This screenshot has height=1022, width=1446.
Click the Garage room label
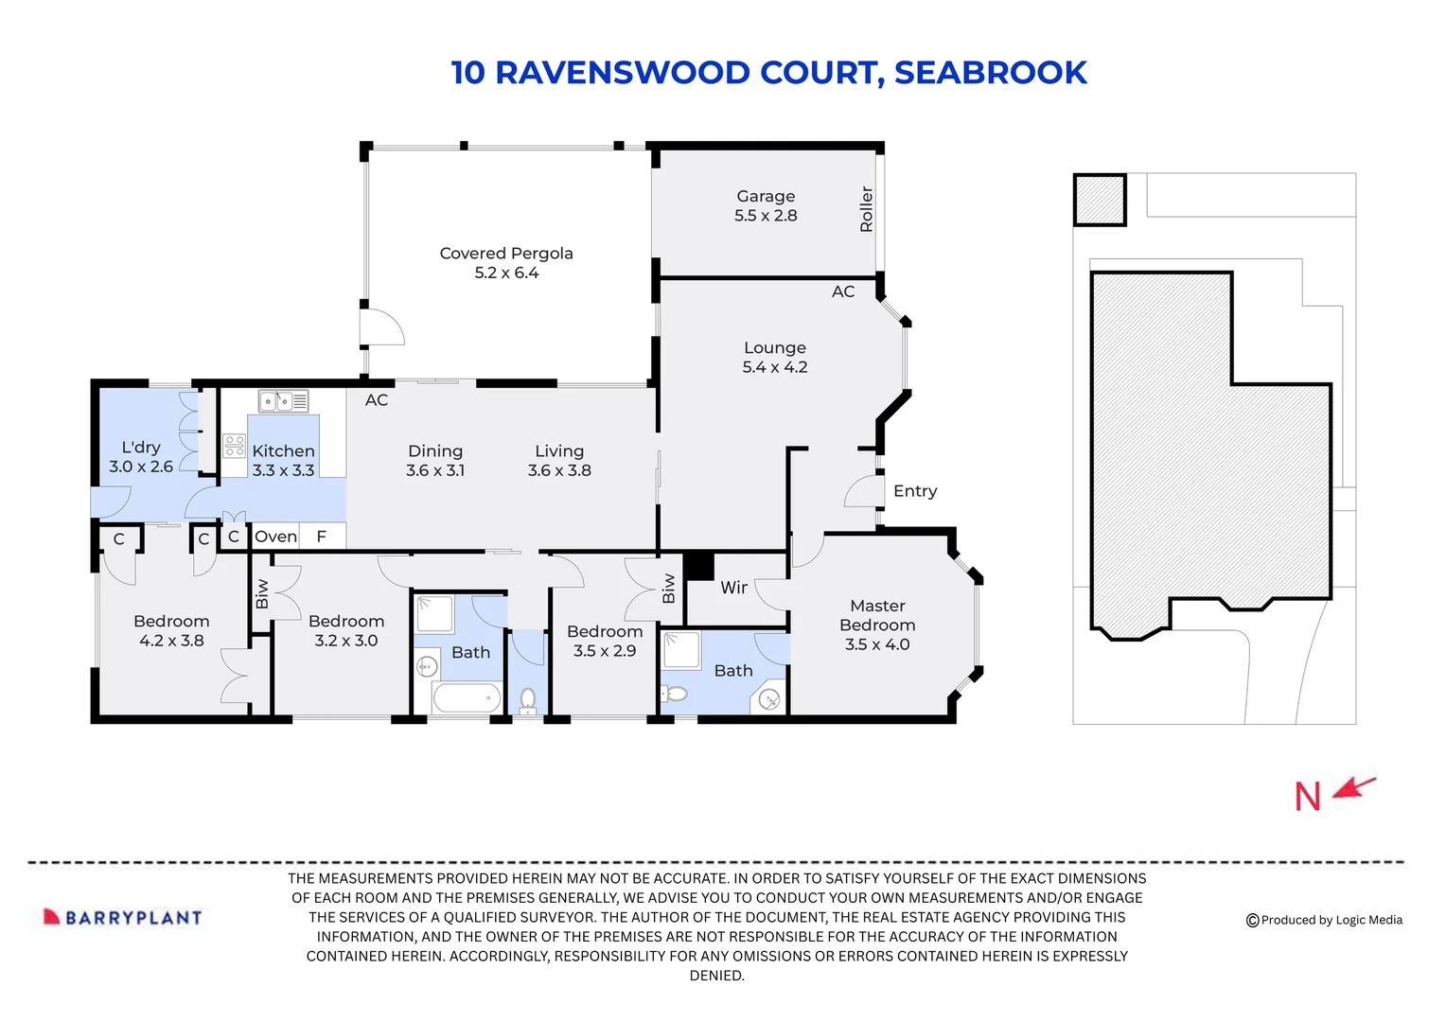tap(766, 206)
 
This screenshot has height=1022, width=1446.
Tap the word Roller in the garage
tap(866, 209)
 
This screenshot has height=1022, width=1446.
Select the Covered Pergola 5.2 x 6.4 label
tap(506, 263)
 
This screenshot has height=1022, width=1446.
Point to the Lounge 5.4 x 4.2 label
tap(774, 358)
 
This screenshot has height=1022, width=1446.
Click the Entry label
tap(914, 491)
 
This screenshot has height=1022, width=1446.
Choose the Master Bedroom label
tap(877, 625)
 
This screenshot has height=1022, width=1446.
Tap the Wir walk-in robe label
tap(733, 588)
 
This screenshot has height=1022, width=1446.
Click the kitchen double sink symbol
tap(284, 401)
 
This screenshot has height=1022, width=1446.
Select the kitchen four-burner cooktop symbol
tap(234, 446)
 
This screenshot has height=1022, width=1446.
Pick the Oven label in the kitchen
tap(275, 537)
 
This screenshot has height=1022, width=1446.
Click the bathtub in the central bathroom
tap(466, 699)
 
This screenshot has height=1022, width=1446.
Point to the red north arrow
tap(1354, 787)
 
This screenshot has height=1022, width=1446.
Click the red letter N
tap(1307, 797)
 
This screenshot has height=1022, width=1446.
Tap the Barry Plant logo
tap(123, 917)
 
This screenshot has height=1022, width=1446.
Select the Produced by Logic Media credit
tap(1324, 920)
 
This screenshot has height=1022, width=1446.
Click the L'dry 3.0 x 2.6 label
tap(141, 457)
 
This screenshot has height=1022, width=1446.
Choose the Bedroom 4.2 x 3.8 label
tap(171, 631)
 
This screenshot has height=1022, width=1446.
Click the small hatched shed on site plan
tap(1099, 200)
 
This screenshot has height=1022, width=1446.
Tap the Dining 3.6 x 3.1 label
tap(435, 461)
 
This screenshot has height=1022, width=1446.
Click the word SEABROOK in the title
tap(990, 73)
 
